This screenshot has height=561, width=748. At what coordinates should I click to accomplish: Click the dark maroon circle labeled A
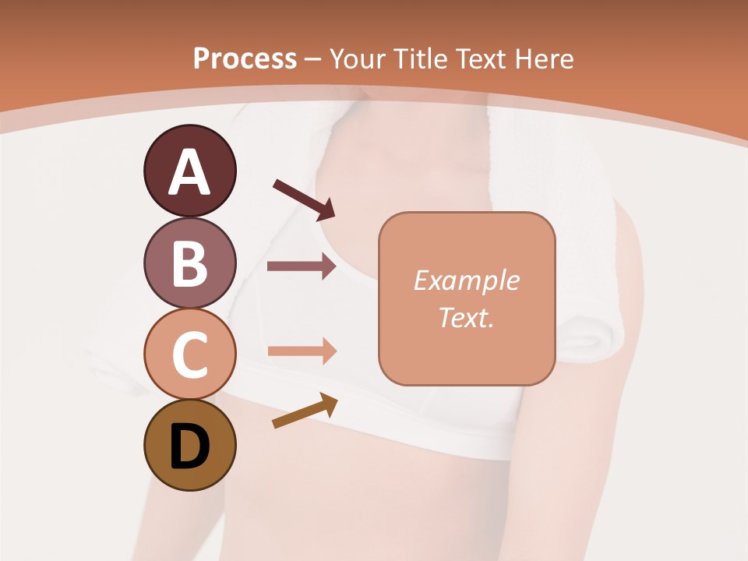(189, 171)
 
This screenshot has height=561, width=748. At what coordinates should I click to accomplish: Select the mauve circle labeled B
(189, 263)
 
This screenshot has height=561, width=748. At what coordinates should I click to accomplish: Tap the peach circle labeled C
(189, 355)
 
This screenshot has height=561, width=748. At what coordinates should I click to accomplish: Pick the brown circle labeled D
(189, 446)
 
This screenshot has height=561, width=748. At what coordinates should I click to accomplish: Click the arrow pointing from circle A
(303, 199)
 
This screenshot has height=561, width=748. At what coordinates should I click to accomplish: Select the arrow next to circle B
(302, 266)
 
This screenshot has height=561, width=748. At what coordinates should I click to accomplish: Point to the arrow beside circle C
(302, 351)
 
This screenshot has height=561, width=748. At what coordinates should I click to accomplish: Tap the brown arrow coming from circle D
(305, 411)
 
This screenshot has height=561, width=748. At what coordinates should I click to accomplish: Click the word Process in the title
(245, 58)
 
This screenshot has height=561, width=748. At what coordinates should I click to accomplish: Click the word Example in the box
(466, 280)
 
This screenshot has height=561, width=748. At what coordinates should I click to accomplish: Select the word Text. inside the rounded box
(466, 317)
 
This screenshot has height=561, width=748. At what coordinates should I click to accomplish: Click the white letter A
(189, 172)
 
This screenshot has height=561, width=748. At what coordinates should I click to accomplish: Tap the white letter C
(189, 355)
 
